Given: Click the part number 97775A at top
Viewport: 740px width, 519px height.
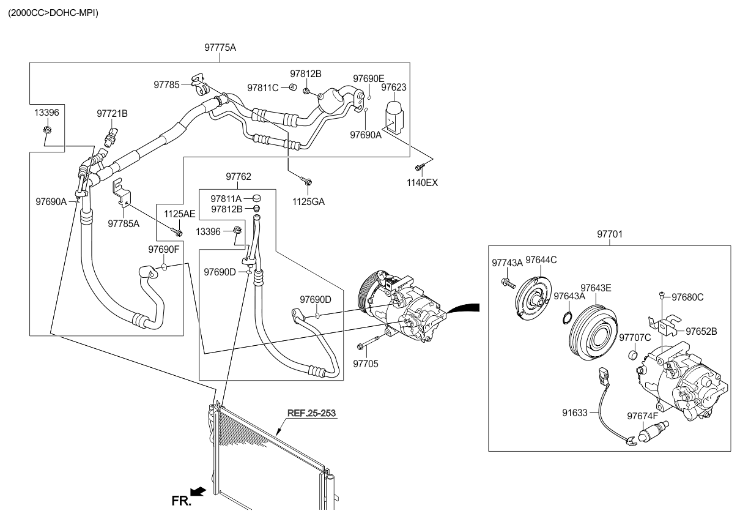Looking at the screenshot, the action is tap(220, 48).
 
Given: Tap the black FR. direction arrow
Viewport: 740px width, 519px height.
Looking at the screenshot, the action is tap(199, 491).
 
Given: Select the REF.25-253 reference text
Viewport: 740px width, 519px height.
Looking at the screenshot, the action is tap(311, 413).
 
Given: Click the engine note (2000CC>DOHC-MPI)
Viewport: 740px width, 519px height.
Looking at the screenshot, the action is tap(53, 13).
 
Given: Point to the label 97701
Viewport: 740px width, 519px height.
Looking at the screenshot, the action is tap(610, 234).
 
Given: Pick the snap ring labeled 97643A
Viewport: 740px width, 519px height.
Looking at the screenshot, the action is tap(567, 316).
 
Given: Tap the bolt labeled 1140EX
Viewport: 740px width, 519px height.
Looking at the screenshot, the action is tap(419, 168).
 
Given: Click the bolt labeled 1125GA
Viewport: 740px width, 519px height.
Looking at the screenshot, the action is tap(306, 181).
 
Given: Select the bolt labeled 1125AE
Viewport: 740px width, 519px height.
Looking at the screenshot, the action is tap(177, 232).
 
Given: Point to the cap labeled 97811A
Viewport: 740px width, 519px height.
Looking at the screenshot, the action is tap(256, 198).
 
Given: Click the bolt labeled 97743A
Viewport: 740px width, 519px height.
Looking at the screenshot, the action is tap(508, 282).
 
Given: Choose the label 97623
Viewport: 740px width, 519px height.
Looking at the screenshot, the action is tap(393, 88).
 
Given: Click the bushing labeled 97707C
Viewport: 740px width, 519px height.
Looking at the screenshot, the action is tap(632, 355).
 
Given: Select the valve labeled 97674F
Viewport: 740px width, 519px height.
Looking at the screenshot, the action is tap(653, 431).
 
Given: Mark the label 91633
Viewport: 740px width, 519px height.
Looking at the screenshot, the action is tap(575, 413).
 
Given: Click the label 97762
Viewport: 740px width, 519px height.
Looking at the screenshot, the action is tap(238, 176).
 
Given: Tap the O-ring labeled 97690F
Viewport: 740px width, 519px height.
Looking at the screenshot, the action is tap(164, 266).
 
